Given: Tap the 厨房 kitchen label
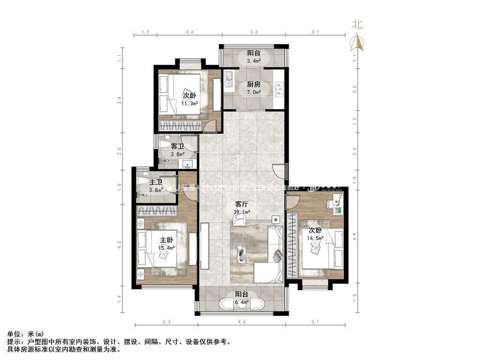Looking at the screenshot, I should click(254, 85).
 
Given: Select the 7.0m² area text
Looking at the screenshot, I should click(254, 92).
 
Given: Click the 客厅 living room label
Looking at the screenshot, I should click(241, 204).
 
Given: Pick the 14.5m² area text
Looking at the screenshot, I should click(316, 238).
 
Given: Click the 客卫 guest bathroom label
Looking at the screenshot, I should click(177, 146).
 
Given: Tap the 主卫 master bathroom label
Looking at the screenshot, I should click(156, 182).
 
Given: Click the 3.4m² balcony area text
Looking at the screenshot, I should click(254, 60).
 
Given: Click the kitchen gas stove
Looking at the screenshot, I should click(279, 87).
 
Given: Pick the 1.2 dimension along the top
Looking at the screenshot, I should click(145, 32).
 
